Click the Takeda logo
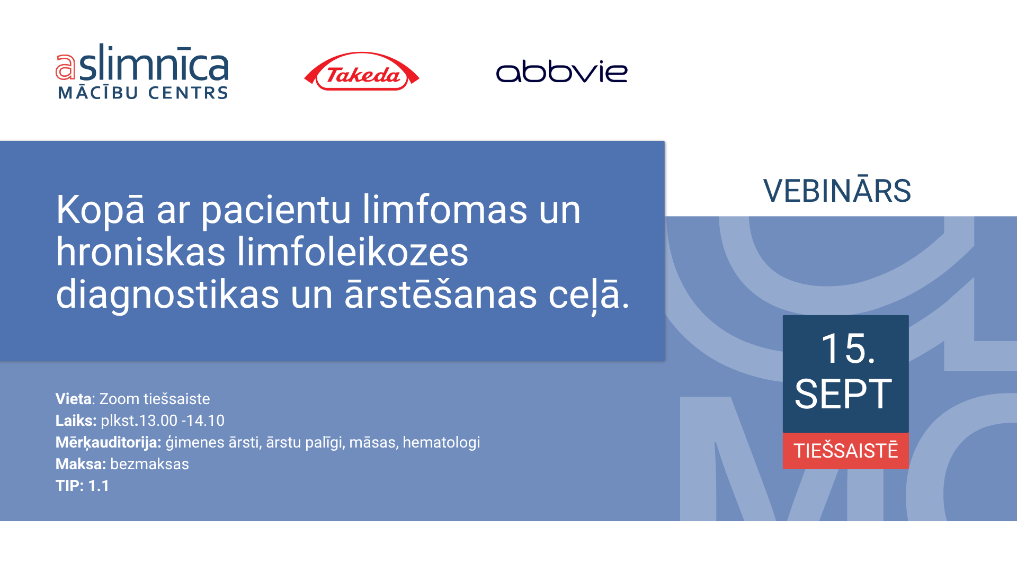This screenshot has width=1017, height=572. click(x=362, y=71)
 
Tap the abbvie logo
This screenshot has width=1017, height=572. click(x=561, y=71)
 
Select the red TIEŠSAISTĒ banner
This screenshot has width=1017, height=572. click(x=846, y=451)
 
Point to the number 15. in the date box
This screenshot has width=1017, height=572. click(x=848, y=348)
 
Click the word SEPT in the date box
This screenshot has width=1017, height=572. click(x=843, y=394)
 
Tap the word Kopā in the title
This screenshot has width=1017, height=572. click(x=100, y=210)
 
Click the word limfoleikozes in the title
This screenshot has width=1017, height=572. click(x=352, y=252)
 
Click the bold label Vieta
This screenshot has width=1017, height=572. click(x=74, y=399)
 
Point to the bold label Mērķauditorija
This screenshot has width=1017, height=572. click(x=109, y=443)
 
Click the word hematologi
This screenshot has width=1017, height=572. click(x=441, y=443)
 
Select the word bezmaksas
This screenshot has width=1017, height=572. click(x=149, y=464)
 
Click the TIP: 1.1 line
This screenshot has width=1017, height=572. click(x=82, y=486)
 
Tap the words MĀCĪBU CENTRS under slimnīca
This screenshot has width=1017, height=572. click(x=143, y=93)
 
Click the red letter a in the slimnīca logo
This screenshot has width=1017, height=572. click(x=66, y=67)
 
